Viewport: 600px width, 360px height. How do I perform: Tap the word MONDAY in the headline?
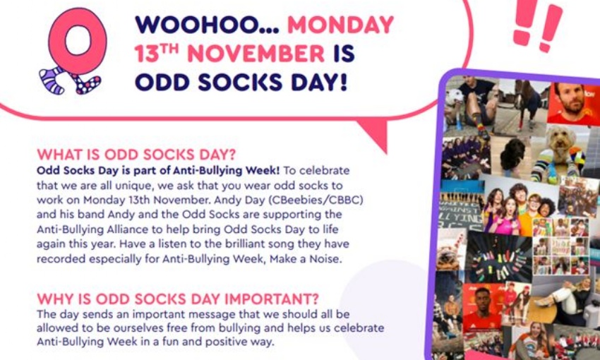(x=340, y=25)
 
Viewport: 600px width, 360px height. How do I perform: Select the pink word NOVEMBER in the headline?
(x=256, y=53)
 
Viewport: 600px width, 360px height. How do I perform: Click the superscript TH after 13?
(x=169, y=49)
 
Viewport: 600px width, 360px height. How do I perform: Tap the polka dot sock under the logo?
(x=86, y=83)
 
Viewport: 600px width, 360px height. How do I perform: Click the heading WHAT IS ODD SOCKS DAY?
(x=136, y=155)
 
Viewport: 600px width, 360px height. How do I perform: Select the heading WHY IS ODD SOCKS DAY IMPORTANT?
(x=178, y=299)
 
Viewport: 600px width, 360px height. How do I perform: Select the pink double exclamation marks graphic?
(x=537, y=24)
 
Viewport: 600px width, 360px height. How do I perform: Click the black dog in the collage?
(x=512, y=155)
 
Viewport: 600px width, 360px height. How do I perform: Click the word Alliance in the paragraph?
(x=124, y=229)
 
